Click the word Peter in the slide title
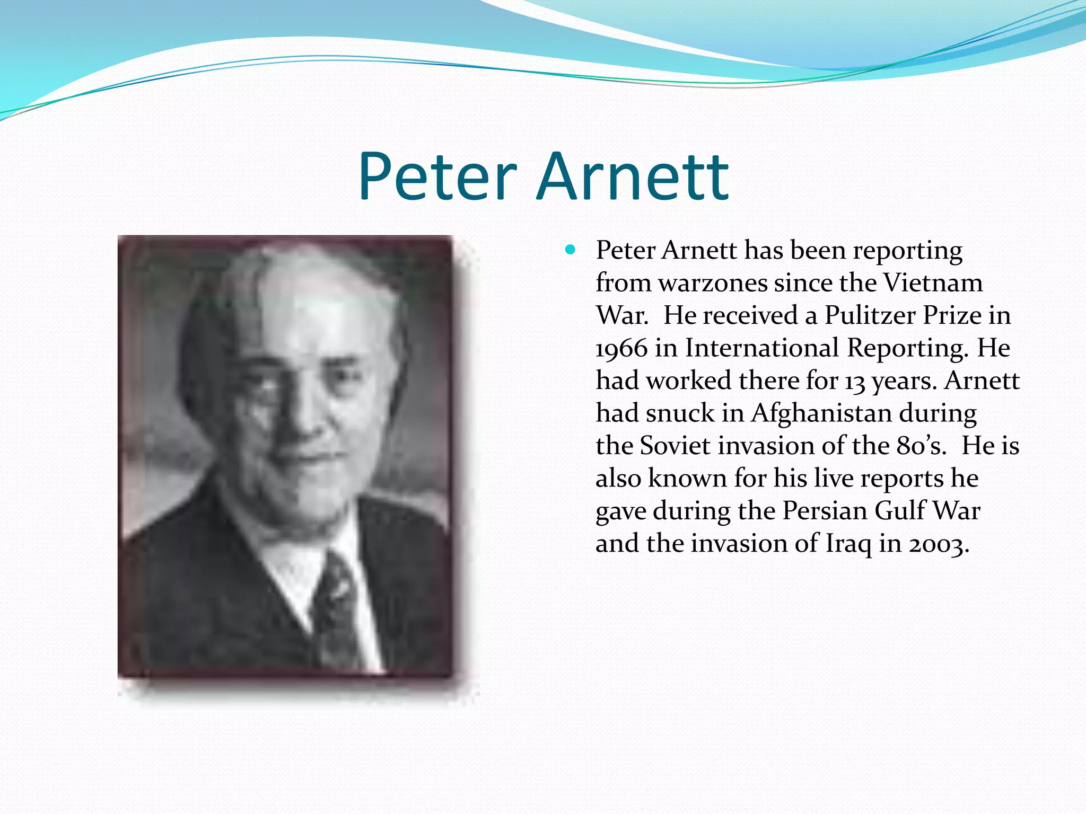pyautogui.click(x=437, y=177)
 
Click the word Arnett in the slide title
pyautogui.click(x=634, y=177)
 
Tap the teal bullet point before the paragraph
pyautogui.click(x=570, y=249)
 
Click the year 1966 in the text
pyautogui.click(x=621, y=349)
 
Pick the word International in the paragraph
pyautogui.click(x=761, y=349)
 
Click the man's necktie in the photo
pyautogui.click(x=337, y=609)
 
